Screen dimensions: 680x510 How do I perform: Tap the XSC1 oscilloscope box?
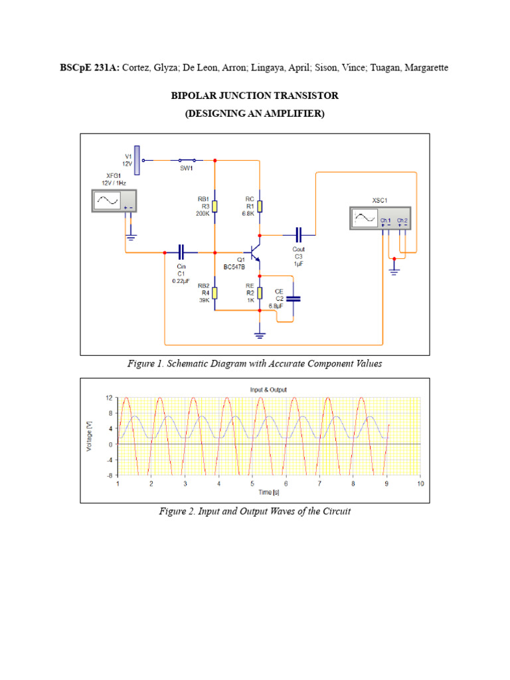point(382,217)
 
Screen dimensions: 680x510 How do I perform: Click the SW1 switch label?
point(187,168)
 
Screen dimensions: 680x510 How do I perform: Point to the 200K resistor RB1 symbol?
point(214,206)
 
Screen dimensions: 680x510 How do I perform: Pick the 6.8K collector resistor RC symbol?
point(260,206)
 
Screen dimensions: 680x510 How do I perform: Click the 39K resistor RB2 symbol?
point(214,294)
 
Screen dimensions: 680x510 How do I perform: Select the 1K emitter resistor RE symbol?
point(260,293)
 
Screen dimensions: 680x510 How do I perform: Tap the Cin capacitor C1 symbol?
point(181,252)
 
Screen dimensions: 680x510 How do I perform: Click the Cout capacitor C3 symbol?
point(298,234)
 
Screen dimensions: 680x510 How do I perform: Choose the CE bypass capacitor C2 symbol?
point(294,299)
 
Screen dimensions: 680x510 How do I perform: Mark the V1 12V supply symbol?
point(137,159)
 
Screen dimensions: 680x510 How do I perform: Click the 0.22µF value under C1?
point(181,281)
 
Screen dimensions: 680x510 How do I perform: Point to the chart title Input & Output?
point(269,390)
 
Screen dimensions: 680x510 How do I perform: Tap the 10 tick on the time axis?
point(420,483)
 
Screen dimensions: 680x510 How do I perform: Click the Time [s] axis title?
point(269,492)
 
